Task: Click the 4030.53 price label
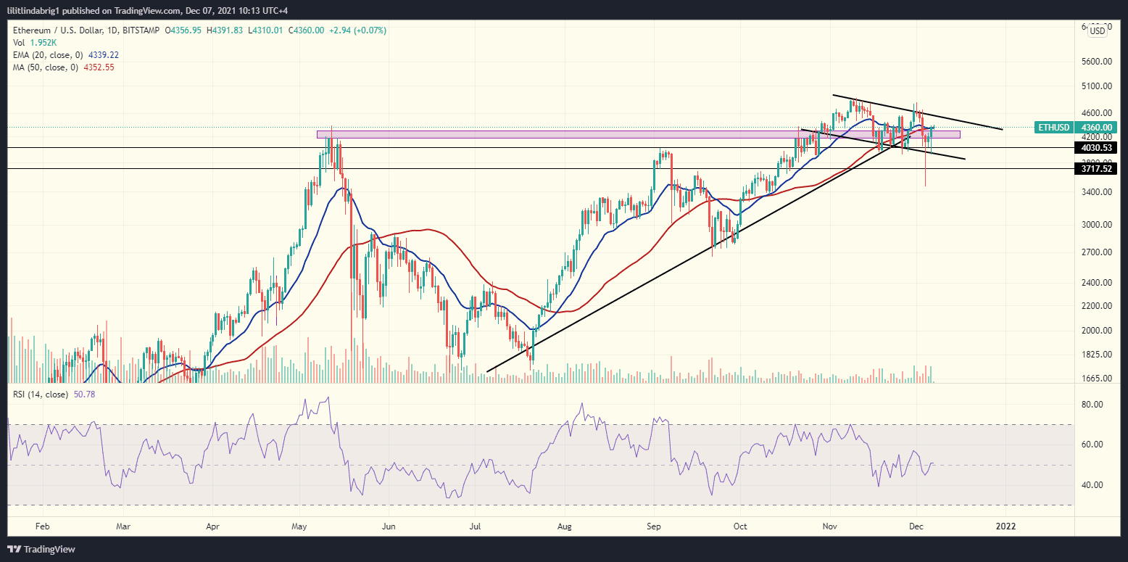(x=1095, y=148)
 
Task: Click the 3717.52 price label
(x=1095, y=169)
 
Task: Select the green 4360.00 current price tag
(x=1095, y=128)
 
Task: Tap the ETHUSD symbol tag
(x=1053, y=128)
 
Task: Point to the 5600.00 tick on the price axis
(x=1095, y=62)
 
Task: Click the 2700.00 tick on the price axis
(x=1095, y=252)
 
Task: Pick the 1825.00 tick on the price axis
(x=1095, y=355)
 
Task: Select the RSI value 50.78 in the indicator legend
(x=84, y=394)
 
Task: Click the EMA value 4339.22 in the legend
(x=104, y=54)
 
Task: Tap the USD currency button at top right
(x=1098, y=30)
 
